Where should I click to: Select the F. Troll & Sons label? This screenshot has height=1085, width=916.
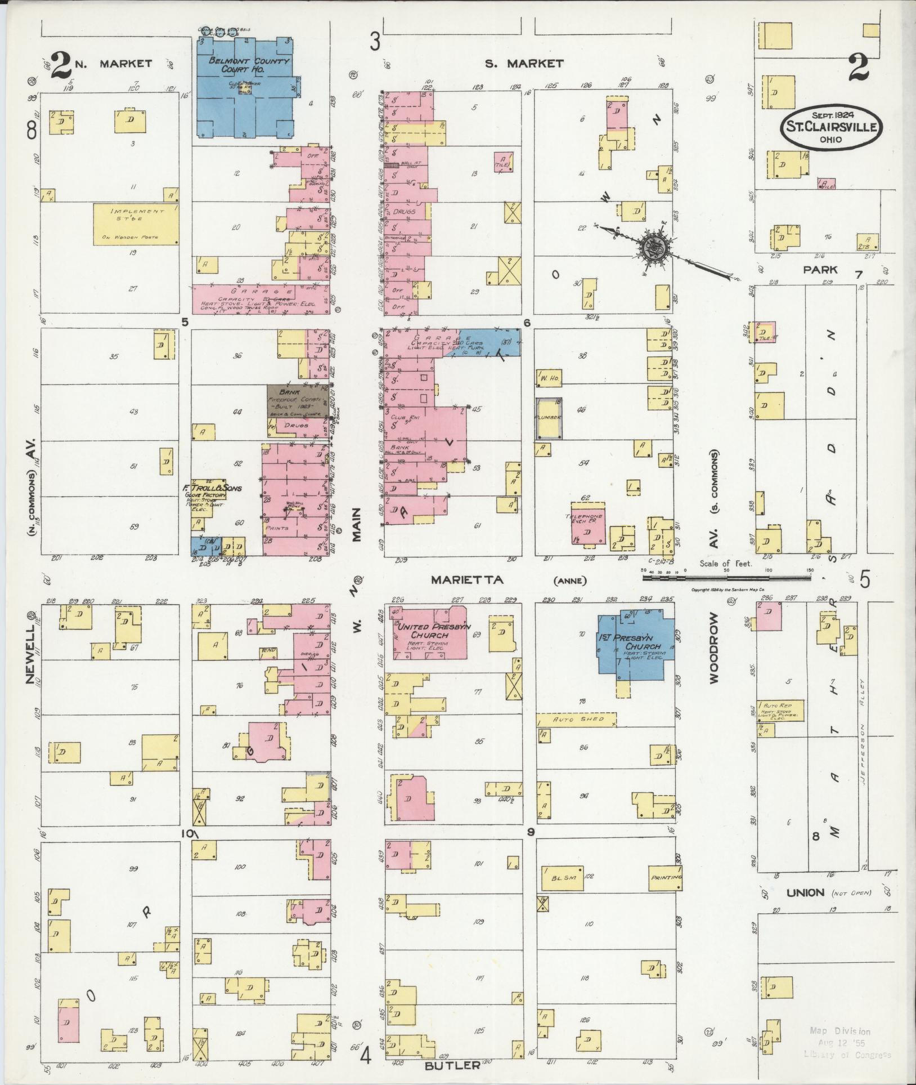212,488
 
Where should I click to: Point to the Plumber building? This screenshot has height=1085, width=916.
549,418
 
